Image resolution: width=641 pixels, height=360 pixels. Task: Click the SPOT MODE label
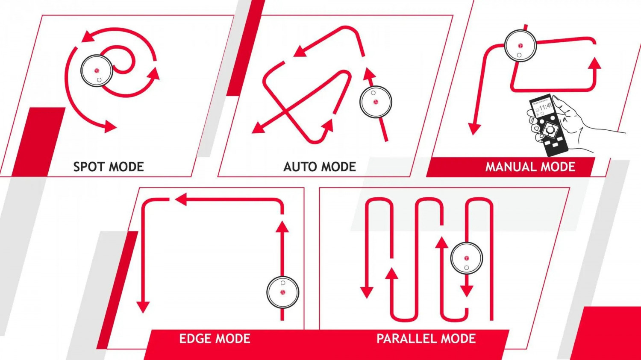coord(109,167)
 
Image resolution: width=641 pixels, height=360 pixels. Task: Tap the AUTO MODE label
coord(320,167)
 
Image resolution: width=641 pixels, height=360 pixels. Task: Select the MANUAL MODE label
coord(530,167)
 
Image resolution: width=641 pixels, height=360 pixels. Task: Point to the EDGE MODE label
coord(215,339)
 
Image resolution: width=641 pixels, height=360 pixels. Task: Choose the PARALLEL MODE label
coord(426,339)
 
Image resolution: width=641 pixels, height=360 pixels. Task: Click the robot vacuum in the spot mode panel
coord(97,70)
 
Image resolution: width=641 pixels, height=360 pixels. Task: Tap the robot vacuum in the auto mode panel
coord(376,102)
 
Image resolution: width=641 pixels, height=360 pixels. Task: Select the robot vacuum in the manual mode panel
coord(520,46)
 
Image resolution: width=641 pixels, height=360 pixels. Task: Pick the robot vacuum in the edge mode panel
coord(283,292)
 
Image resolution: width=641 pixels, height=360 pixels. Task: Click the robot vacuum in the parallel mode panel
coord(467,258)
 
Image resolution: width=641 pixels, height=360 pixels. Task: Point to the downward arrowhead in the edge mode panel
coord(143,307)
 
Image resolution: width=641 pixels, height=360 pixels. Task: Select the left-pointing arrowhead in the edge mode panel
coord(181,199)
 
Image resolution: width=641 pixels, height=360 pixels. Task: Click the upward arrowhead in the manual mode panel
coord(596,63)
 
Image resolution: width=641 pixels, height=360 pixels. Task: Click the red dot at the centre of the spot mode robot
coord(97,70)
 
